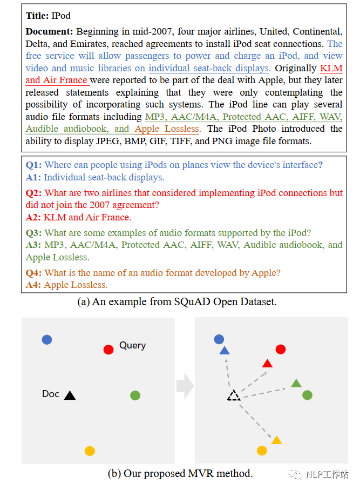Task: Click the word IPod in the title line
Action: tap(61, 16)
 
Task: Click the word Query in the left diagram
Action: tap(132, 345)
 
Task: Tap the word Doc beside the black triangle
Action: tap(50, 394)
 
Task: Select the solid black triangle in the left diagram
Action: tap(70, 395)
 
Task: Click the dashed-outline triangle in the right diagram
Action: tap(233, 395)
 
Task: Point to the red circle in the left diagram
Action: tap(108, 350)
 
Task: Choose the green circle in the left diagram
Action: tap(135, 395)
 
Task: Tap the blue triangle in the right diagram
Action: tap(225, 351)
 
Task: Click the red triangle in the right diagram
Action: tap(267, 363)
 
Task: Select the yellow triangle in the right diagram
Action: tap(276, 440)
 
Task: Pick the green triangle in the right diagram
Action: tap(296, 383)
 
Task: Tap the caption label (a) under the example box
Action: tap(84, 302)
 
